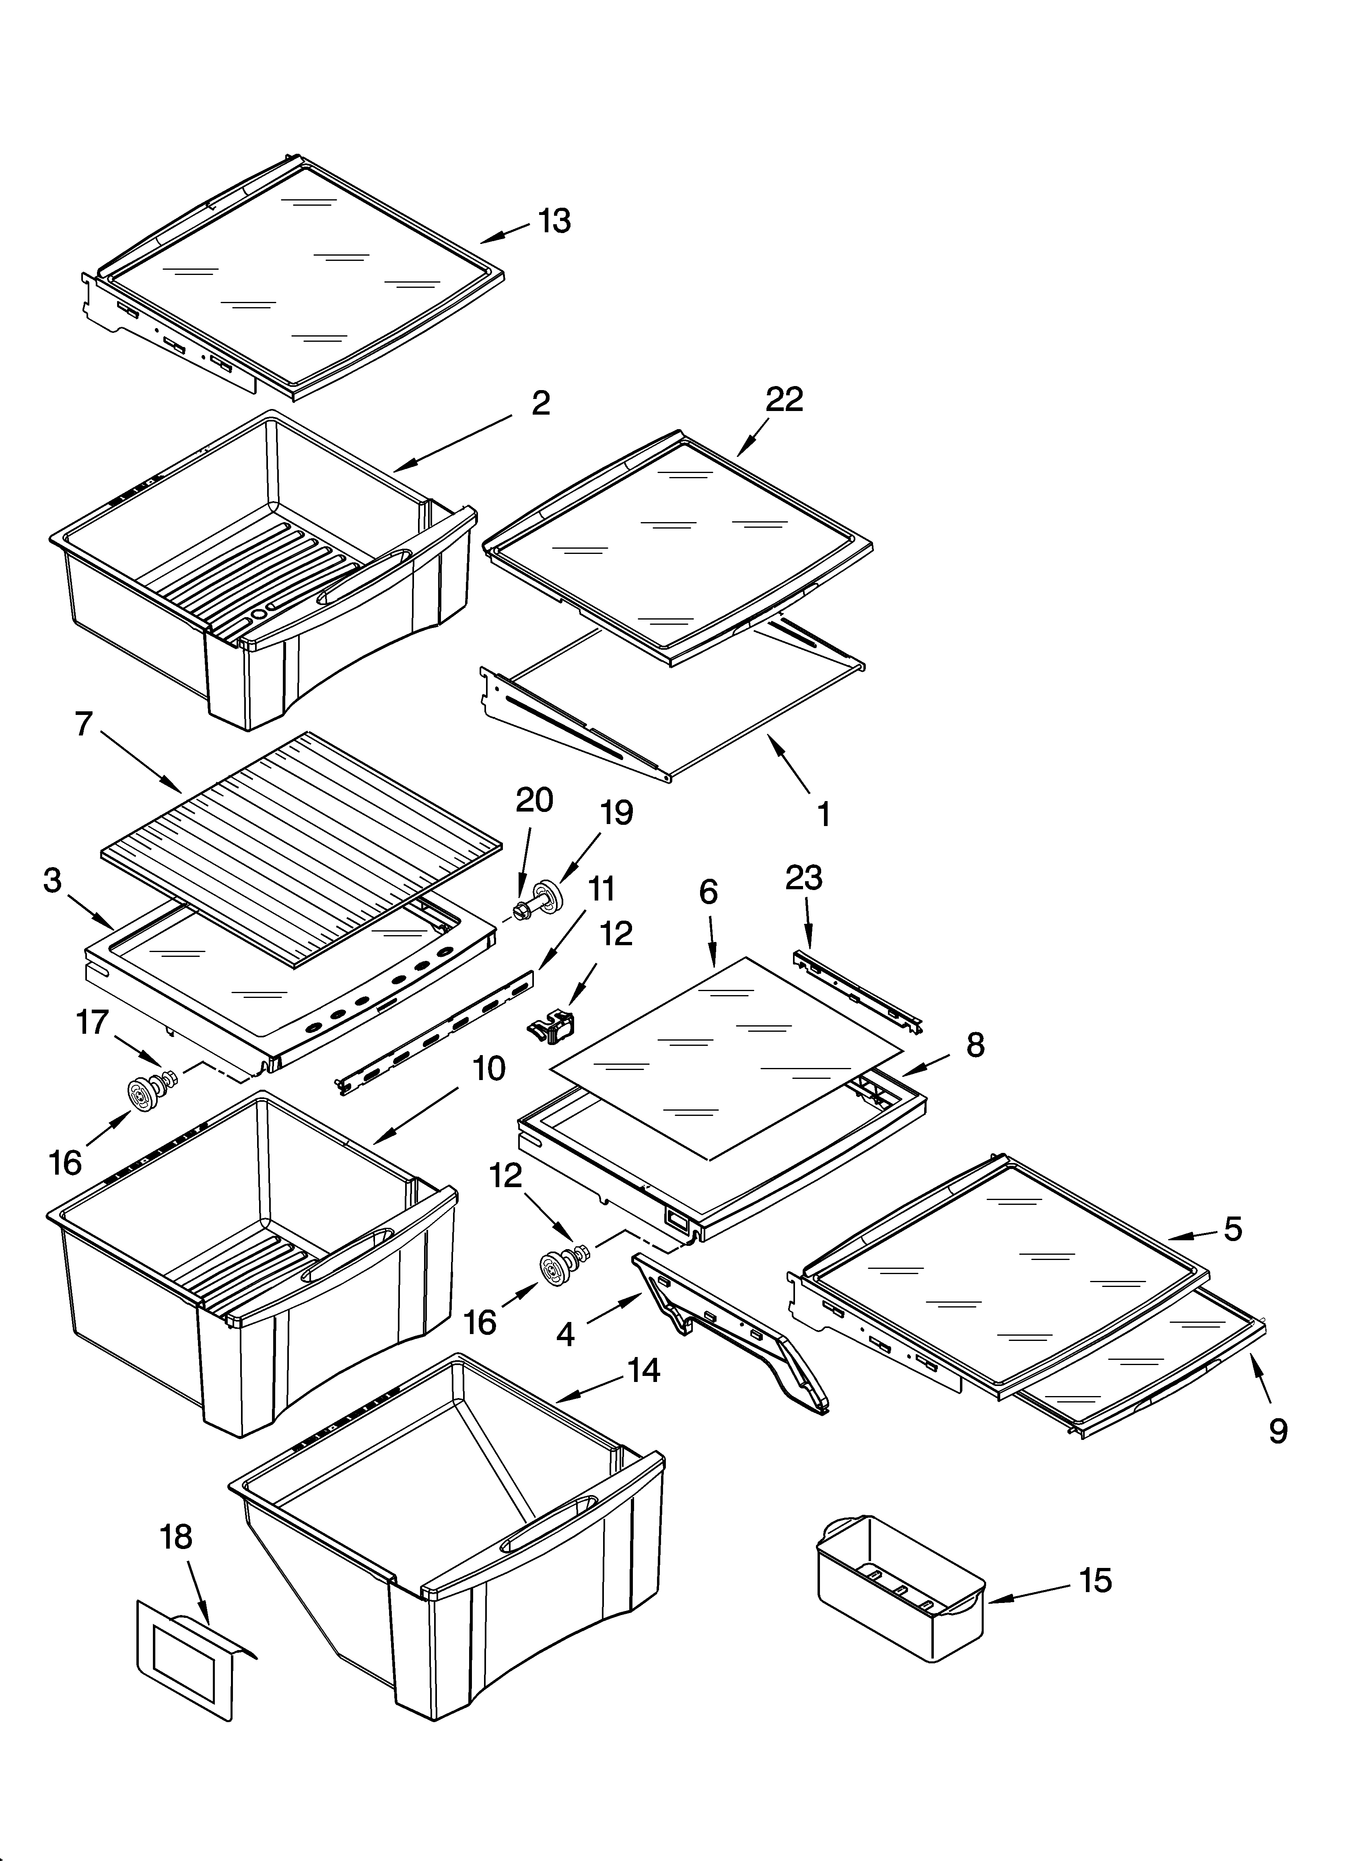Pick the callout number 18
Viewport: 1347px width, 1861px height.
click(x=176, y=1537)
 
